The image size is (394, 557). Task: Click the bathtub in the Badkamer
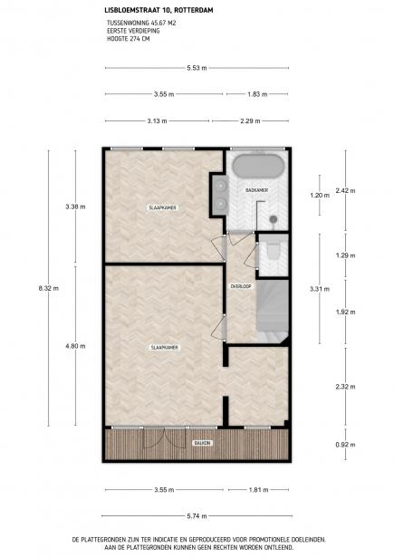[257, 166]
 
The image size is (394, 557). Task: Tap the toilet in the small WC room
[274, 249]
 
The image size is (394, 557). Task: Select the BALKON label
[203, 443]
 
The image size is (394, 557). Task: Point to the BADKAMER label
[256, 190]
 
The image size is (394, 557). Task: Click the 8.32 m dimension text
[49, 288]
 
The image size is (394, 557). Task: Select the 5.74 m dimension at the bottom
[197, 516]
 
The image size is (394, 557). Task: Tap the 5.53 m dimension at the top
[197, 68]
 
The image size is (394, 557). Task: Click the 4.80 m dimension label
[75, 346]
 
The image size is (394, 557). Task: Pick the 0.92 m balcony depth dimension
[345, 445]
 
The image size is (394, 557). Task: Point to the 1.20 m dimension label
[320, 195]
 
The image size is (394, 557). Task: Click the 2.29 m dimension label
[250, 121]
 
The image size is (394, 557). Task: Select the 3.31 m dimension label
[320, 289]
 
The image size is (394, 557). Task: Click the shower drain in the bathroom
[274, 219]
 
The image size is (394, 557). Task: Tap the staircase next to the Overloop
[273, 312]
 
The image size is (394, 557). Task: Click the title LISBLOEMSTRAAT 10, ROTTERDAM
[159, 11]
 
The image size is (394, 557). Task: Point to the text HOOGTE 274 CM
[129, 39]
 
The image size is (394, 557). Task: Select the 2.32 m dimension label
[345, 387]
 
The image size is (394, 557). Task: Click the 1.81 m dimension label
[258, 490]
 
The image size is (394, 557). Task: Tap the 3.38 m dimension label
[75, 206]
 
